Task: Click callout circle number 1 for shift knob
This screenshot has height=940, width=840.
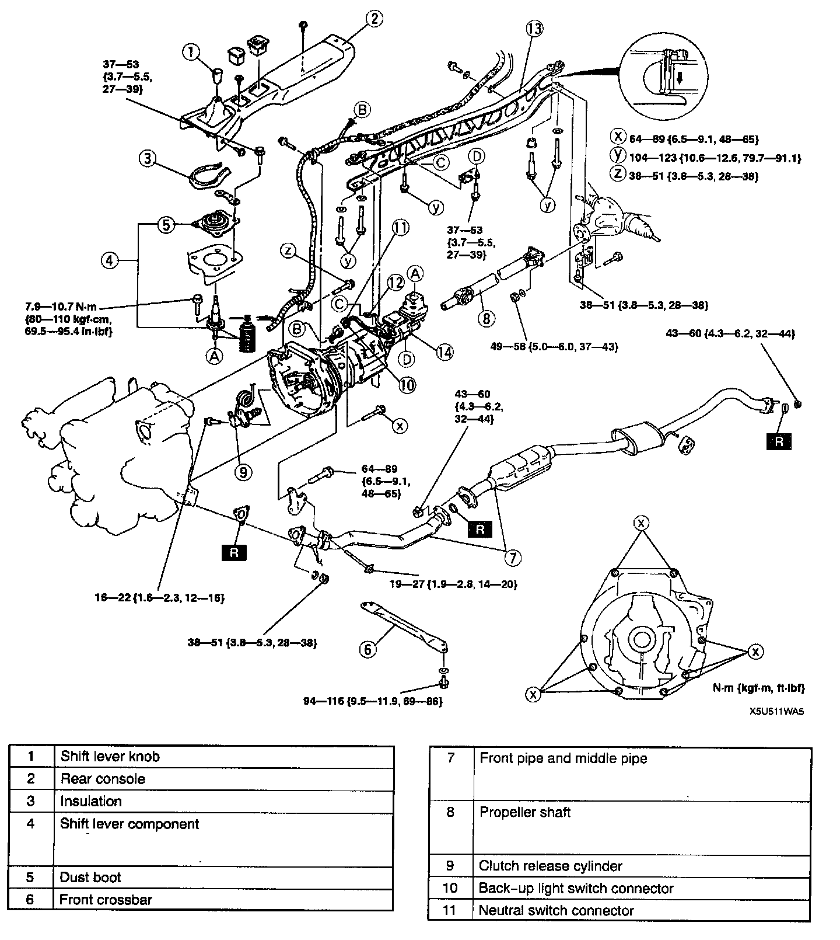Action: tap(191, 53)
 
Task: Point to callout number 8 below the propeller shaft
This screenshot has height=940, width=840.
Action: tap(485, 318)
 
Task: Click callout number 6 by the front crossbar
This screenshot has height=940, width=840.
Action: tap(367, 649)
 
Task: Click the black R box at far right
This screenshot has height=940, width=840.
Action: tap(779, 441)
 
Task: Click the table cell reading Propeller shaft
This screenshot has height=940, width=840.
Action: tap(525, 812)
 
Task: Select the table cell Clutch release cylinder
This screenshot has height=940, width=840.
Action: tap(551, 866)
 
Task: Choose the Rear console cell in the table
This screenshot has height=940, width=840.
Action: tap(103, 779)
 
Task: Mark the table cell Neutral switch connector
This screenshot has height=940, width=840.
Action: tap(556, 910)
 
